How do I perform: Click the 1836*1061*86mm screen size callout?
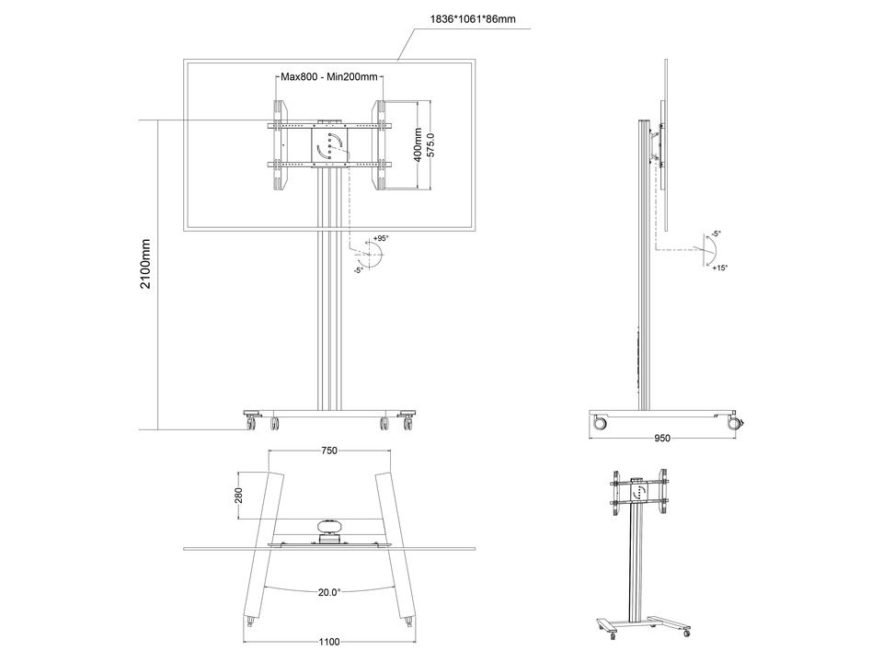click(x=473, y=19)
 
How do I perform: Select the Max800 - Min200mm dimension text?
click(x=329, y=76)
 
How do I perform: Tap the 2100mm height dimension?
click(x=146, y=264)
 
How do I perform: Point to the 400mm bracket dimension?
click(x=418, y=144)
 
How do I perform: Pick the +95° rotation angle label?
click(x=381, y=239)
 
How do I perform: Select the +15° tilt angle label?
click(x=719, y=268)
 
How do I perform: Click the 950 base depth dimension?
click(x=663, y=438)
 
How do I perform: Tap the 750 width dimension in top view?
click(x=329, y=451)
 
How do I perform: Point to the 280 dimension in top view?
click(x=239, y=496)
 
